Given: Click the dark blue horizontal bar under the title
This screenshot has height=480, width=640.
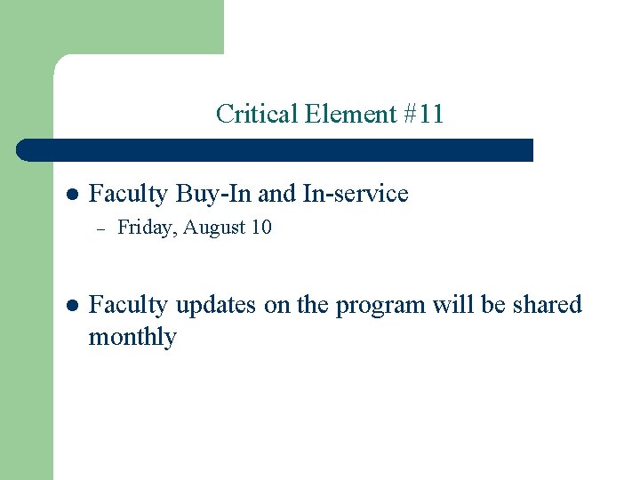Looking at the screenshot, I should [x=276, y=149].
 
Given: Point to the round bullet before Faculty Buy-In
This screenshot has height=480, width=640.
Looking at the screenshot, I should [x=73, y=195].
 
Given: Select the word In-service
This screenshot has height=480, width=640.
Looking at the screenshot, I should [x=356, y=194].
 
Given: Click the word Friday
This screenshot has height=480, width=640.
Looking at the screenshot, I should [x=148, y=228].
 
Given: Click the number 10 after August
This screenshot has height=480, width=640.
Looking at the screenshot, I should [x=261, y=228].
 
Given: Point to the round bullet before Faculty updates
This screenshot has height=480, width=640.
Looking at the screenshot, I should [x=73, y=306].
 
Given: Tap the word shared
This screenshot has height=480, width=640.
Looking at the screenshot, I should [x=546, y=305].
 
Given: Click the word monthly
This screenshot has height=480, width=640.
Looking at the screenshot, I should [x=132, y=338].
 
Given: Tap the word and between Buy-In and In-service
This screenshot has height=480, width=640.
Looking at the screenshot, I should [x=277, y=194].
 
